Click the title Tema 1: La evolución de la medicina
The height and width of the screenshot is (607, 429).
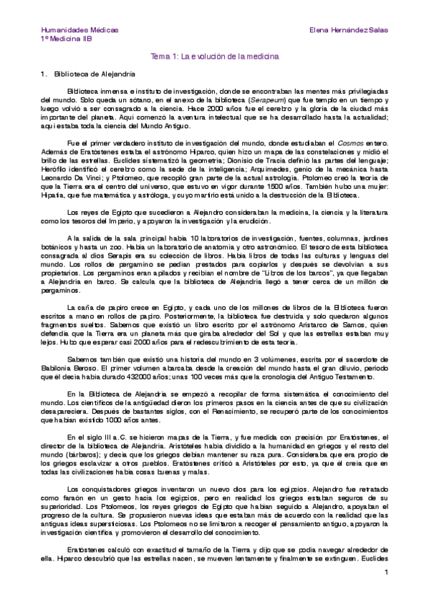[x=214, y=56]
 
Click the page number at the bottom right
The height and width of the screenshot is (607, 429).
[x=385, y=572]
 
